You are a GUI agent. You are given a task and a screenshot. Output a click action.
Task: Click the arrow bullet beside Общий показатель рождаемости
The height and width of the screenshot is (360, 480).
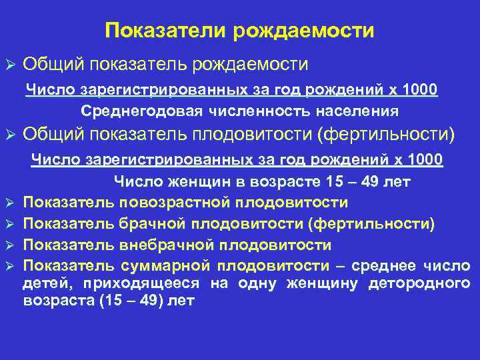[x=9, y=65]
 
